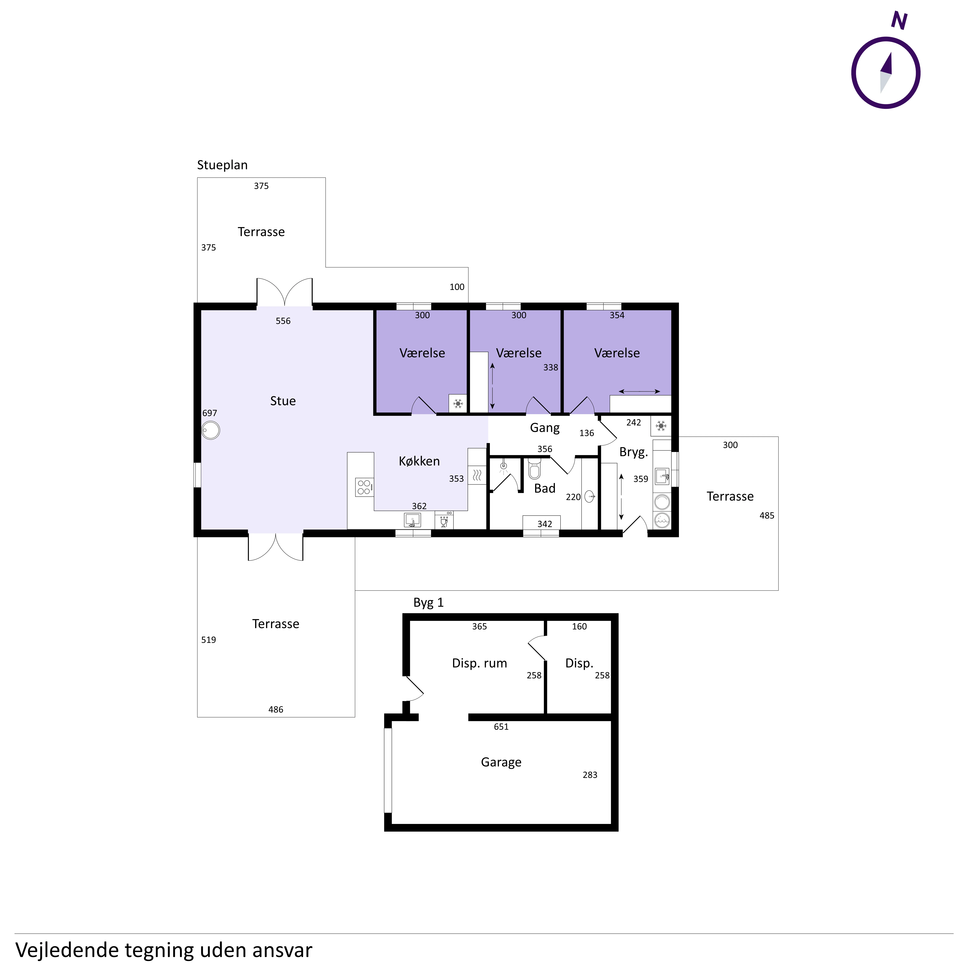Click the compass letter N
pyautogui.click(x=899, y=21)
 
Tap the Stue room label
pyautogui.click(x=283, y=401)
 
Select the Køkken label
pyautogui.click(x=419, y=461)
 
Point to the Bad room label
pyautogui.click(x=545, y=489)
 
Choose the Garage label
pyautogui.click(x=501, y=762)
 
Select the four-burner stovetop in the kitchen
pyautogui.click(x=364, y=487)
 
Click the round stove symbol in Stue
pyautogui.click(x=211, y=431)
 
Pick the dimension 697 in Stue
pyautogui.click(x=210, y=413)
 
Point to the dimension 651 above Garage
pyautogui.click(x=501, y=726)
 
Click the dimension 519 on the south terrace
pyautogui.click(x=209, y=640)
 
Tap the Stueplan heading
pyautogui.click(x=222, y=165)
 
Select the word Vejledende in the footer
pyautogui.click(x=66, y=950)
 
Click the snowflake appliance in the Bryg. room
pyautogui.click(x=661, y=426)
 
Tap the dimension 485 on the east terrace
pyautogui.click(x=767, y=516)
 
